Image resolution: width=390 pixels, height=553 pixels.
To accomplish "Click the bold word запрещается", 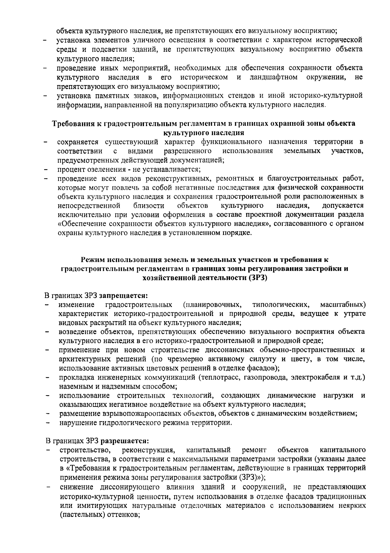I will [123, 296].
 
